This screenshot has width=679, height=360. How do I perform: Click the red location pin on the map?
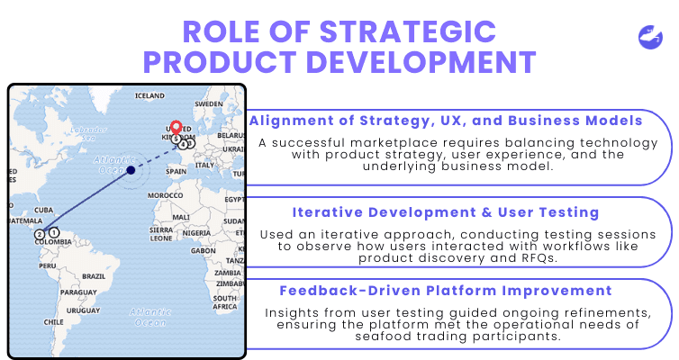[x=177, y=129]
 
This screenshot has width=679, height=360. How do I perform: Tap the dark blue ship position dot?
[x=131, y=169]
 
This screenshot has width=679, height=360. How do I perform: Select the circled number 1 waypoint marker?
[x=54, y=233]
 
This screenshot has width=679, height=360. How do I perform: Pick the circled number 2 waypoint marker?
[x=40, y=234]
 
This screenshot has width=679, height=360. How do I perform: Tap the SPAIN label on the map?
[x=177, y=171]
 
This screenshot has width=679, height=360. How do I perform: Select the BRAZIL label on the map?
[x=94, y=275]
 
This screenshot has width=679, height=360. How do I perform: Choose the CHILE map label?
[x=55, y=321]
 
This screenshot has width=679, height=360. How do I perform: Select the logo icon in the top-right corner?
[x=650, y=39]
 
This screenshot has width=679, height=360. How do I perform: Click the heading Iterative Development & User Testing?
[x=446, y=212]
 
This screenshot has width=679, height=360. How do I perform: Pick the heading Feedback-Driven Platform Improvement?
[x=446, y=291]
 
